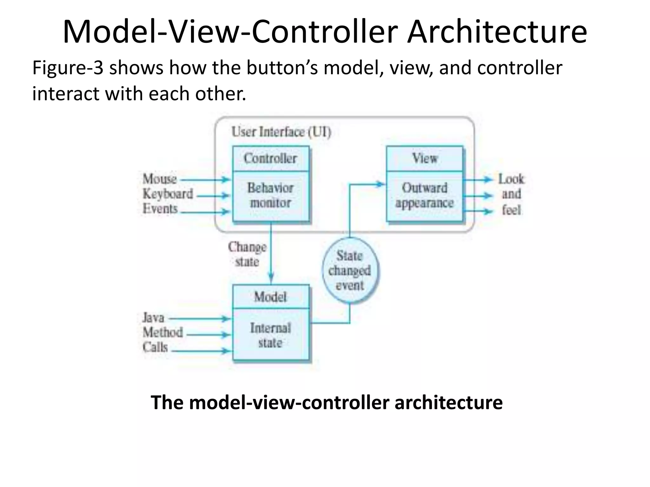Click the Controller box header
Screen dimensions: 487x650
(x=270, y=158)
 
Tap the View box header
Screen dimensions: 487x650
(x=424, y=158)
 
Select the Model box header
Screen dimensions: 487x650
(x=270, y=297)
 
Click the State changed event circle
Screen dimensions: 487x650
(x=350, y=270)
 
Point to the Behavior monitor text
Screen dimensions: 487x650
(x=270, y=195)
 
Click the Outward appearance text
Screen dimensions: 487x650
(x=424, y=195)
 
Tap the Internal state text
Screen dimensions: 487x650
(x=270, y=335)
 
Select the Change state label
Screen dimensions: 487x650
(x=247, y=254)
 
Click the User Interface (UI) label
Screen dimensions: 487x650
(x=281, y=132)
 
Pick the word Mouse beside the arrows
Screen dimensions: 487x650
(x=160, y=179)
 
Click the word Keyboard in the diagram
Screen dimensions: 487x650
(x=168, y=194)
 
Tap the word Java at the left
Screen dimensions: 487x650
(x=153, y=318)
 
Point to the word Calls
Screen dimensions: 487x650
(x=155, y=347)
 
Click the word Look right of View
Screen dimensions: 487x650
(x=511, y=179)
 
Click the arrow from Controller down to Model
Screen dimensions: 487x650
(x=271, y=254)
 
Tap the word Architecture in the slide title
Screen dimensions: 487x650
(x=497, y=32)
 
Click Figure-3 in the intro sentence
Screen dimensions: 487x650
(x=68, y=68)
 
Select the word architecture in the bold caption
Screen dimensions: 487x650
(x=448, y=402)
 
